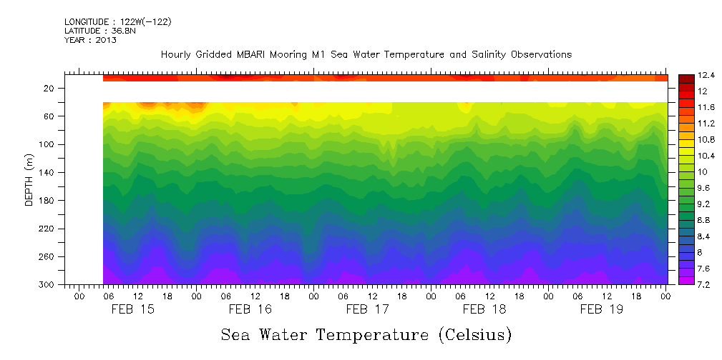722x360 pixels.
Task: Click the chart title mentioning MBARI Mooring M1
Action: (x=366, y=55)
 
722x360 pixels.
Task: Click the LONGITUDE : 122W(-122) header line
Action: (x=117, y=22)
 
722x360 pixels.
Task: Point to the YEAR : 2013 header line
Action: (x=90, y=40)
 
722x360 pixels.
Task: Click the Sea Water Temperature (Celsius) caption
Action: (x=366, y=334)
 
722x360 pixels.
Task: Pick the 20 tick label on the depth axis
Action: (x=50, y=88)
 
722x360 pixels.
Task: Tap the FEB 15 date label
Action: (x=132, y=309)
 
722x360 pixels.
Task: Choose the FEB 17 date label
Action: (x=367, y=309)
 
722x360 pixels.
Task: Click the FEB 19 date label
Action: (x=601, y=309)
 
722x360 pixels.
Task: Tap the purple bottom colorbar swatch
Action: (x=686, y=281)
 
